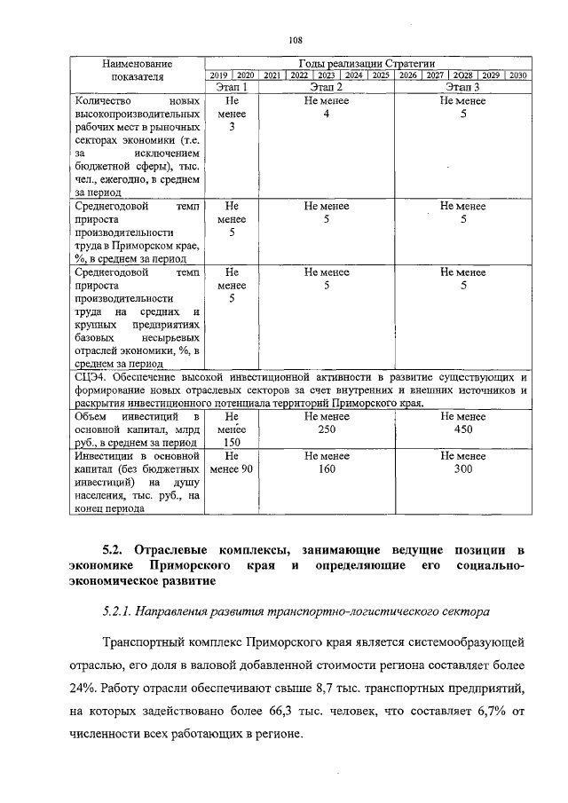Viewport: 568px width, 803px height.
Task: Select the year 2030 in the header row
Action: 518,75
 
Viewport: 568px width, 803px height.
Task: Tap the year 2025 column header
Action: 381,75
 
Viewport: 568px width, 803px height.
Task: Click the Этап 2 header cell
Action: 327,87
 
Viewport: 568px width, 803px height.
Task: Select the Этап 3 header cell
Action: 463,87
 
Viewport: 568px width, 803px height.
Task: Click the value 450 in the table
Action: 463,429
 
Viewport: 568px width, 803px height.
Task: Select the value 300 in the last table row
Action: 463,470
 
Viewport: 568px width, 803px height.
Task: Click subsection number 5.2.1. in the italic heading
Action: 122,613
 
